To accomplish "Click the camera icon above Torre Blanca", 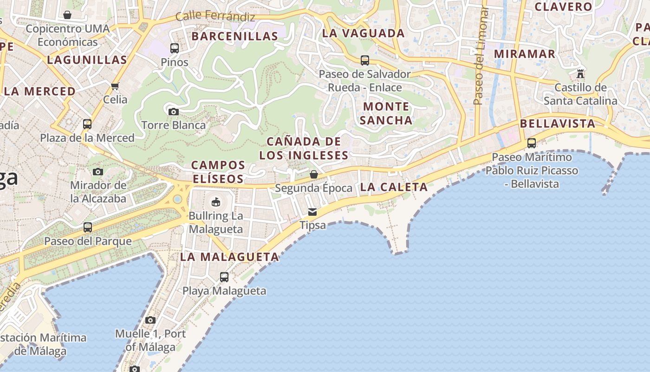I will pos(173,112).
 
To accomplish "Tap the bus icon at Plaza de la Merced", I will pos(87,124).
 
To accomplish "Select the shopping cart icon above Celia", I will pos(115,86).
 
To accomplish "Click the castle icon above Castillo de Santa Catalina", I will pos(580,73).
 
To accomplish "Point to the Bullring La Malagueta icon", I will pos(215,202).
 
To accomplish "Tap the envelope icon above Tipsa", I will pos(312,212).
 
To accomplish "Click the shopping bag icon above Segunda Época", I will pos(314,174).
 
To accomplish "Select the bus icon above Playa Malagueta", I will pos(224,277).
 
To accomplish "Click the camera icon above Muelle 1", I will pos(150,320).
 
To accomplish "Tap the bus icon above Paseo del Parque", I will pos(88,227).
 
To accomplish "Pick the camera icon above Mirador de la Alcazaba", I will pos(97,172).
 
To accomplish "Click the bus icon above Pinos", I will pos(175,48).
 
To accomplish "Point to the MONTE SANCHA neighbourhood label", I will pos(386,113).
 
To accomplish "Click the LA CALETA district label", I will pos(394,187).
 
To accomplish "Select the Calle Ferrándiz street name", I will pos(215,17).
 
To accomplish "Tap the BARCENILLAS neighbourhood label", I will pos(235,36).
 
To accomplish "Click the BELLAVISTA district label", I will pos(558,124).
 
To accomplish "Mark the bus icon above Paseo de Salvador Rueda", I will pos(365,60).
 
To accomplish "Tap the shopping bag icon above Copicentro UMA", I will pos(67,15).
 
